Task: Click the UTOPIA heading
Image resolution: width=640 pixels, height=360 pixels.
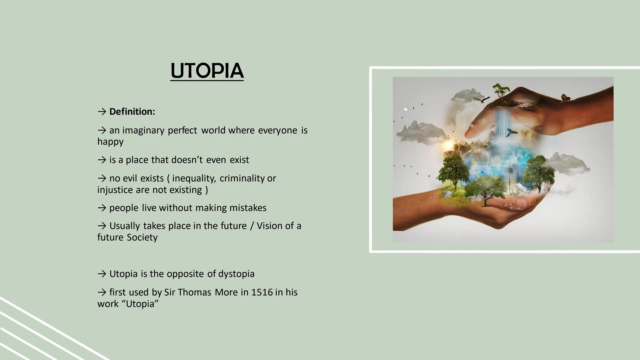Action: (207, 71)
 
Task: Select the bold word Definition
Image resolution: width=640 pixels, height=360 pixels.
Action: (132, 112)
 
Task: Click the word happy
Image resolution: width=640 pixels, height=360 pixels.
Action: (110, 142)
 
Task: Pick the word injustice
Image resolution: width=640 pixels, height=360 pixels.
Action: (115, 190)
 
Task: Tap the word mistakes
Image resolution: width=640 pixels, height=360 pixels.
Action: (248, 208)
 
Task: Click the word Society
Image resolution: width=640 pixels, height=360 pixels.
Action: (142, 237)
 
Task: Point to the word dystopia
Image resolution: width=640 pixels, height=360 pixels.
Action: (236, 274)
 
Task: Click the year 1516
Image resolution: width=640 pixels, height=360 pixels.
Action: (262, 292)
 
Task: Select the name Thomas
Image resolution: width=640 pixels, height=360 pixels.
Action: (194, 292)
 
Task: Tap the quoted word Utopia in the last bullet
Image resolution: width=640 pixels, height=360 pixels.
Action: (140, 304)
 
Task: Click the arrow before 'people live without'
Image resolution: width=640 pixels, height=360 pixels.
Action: (102, 208)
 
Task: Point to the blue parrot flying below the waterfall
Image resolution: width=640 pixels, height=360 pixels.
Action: (511, 133)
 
